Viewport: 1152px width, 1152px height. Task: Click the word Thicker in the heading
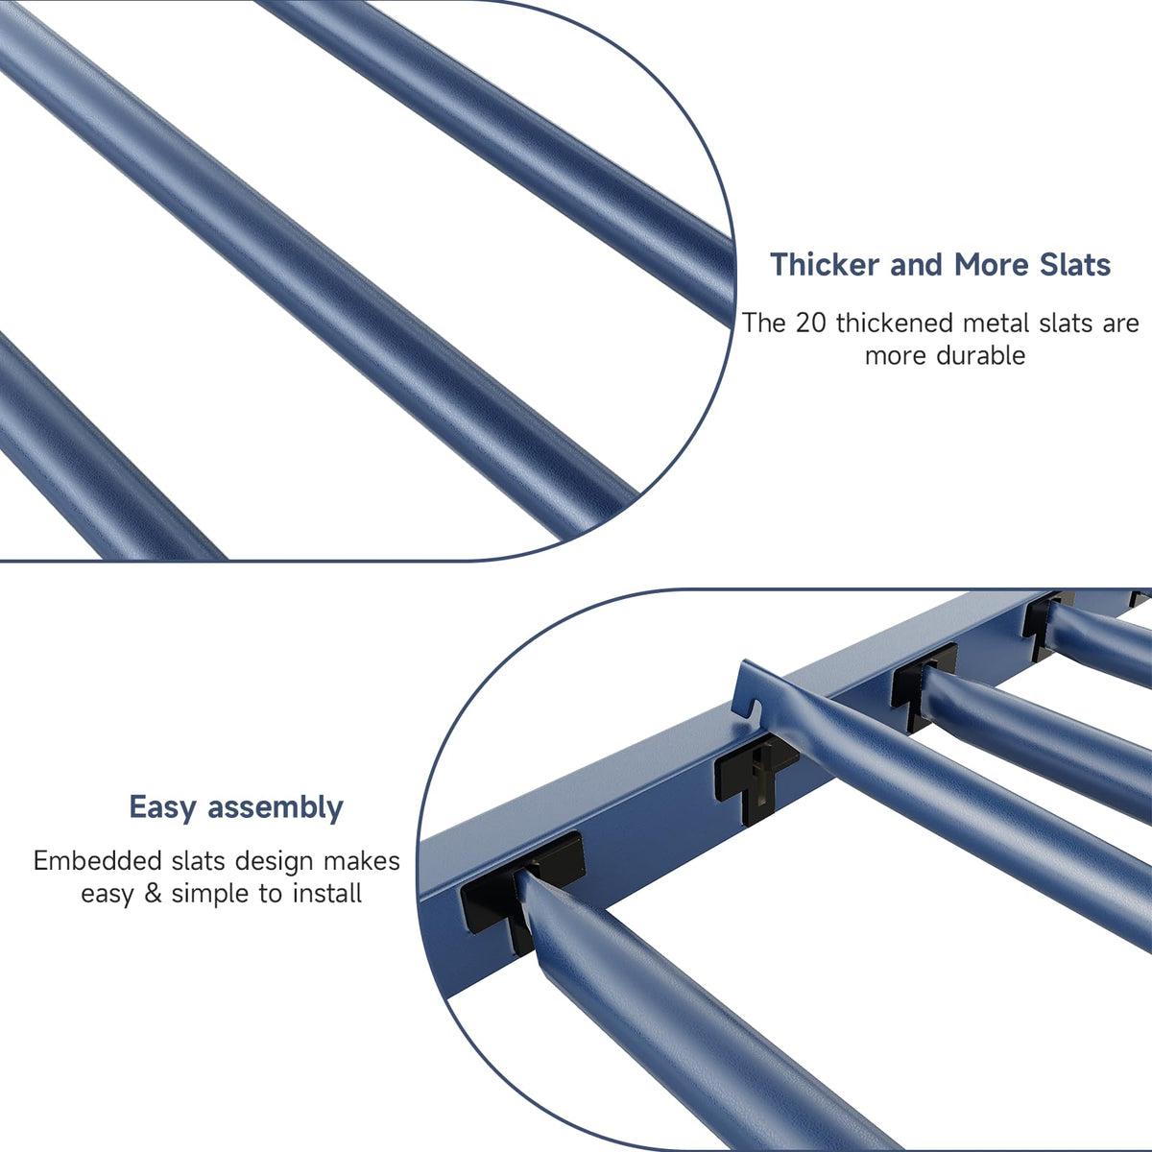coord(825,264)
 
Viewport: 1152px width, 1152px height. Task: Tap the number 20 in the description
coord(810,324)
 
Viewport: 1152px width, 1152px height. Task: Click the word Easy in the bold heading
coord(162,808)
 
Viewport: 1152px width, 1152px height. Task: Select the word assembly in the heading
coord(275,808)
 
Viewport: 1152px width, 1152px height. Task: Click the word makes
coord(362,861)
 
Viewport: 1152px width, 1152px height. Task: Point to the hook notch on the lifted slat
coord(756,707)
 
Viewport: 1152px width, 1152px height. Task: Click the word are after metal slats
coord(1121,324)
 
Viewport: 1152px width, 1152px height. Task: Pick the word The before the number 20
coord(763,324)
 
